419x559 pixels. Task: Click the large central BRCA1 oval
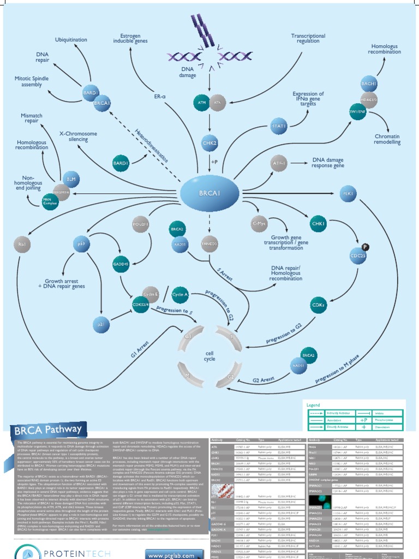point(210,194)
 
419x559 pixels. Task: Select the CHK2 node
point(210,143)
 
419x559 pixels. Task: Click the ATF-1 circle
point(279,163)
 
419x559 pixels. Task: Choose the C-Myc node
point(260,224)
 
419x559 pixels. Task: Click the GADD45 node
point(121,264)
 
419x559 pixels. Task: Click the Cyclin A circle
point(181,295)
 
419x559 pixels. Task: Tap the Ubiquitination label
point(71,40)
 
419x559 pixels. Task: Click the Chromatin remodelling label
point(387,139)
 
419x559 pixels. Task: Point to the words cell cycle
point(209,356)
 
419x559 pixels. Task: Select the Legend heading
point(314,406)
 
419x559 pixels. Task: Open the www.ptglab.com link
point(169,554)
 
